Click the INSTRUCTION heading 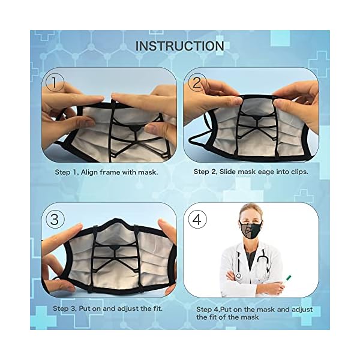pyautogui.click(x=179, y=46)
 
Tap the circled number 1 pyautogui.click(x=55, y=82)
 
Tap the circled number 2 pyautogui.click(x=198, y=82)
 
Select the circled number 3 pyautogui.click(x=55, y=219)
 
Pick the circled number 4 pyautogui.click(x=198, y=220)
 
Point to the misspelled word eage pyautogui.click(x=259, y=172)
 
